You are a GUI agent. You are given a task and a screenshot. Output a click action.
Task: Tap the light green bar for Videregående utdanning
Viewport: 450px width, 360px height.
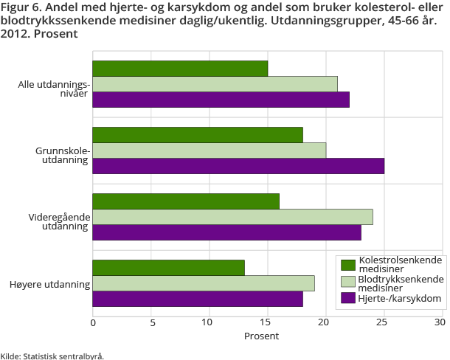click(x=232, y=217)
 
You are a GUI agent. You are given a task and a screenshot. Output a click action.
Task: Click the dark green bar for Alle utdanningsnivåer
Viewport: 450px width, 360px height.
click(x=180, y=69)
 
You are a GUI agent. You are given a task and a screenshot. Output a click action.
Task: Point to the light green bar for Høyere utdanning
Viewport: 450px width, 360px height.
click(x=204, y=283)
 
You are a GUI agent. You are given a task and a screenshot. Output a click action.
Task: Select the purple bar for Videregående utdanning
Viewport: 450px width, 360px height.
click(x=226, y=232)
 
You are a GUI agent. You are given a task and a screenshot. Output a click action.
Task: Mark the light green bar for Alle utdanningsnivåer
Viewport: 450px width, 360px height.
click(x=215, y=84)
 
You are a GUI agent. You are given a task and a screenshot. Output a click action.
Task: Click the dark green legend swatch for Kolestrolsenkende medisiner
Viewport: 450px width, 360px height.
click(x=348, y=265)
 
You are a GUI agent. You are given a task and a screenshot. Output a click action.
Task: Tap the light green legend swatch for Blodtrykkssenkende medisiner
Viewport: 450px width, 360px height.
click(x=348, y=282)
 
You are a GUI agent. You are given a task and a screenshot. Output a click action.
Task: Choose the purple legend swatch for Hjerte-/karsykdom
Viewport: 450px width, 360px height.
click(x=348, y=298)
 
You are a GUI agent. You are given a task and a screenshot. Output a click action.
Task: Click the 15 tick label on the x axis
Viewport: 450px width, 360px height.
click(x=267, y=322)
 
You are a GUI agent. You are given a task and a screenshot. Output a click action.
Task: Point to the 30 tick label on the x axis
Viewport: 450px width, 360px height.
click(x=441, y=322)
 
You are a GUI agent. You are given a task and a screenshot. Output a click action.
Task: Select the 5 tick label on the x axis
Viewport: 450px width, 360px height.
click(x=151, y=322)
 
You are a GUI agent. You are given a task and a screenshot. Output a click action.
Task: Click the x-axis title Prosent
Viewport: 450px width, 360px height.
click(x=261, y=336)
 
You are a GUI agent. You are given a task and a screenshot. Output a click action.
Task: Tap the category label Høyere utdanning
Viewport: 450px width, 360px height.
click(x=53, y=284)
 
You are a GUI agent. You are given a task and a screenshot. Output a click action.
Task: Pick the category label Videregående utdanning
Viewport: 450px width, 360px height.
click(x=59, y=222)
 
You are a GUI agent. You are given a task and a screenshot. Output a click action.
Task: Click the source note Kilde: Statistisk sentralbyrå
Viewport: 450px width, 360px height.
click(x=52, y=356)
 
